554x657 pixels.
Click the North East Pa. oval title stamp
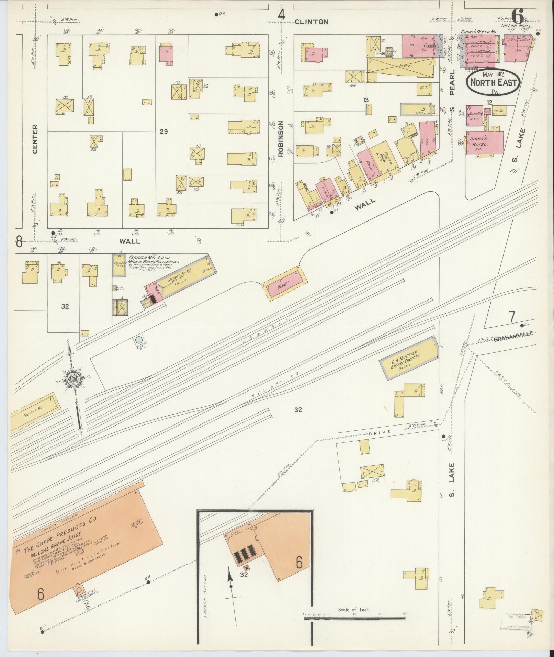(x=493, y=82)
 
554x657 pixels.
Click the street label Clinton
(x=311, y=22)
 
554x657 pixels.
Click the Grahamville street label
(x=513, y=339)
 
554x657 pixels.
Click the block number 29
(x=163, y=131)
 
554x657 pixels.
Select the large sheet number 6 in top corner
(x=518, y=15)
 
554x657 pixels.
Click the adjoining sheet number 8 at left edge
(x=19, y=242)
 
